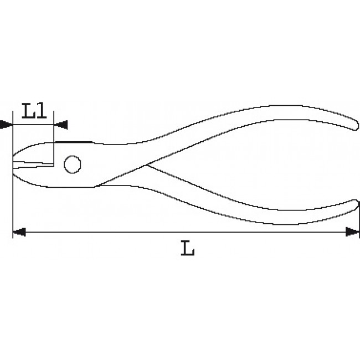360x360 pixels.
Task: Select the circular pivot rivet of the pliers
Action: pos(72,164)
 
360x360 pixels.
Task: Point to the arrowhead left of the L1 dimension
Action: pos(6,125)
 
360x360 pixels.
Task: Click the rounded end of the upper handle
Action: pos(353,125)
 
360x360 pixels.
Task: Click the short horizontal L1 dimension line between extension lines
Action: pos(33,125)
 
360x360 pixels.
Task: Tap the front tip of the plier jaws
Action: pos(13,163)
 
